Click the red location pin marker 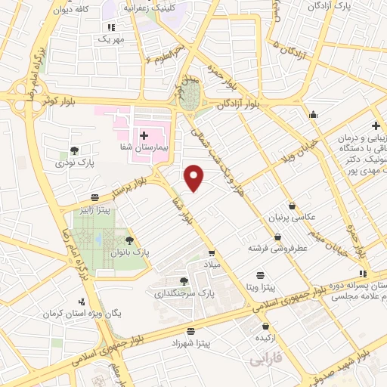(x=195, y=177)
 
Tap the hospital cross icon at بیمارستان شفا (x=144, y=135)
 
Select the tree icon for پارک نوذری (x=73, y=150)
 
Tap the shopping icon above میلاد (x=212, y=253)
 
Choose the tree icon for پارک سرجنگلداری (x=184, y=281)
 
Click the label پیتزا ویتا (x=259, y=288)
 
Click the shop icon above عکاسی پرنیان (x=292, y=205)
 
